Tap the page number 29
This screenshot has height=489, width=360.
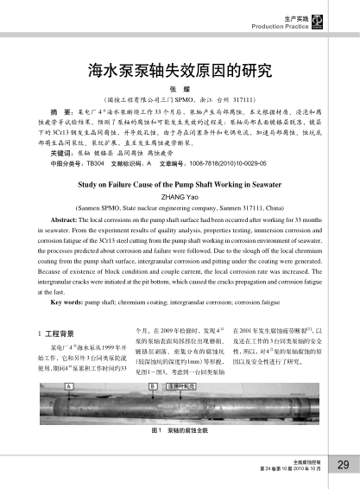click(341, 466)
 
